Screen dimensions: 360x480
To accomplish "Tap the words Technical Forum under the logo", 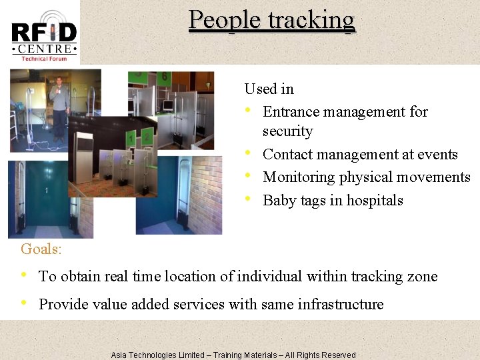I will [x=44, y=59].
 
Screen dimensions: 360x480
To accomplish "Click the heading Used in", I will [x=269, y=89].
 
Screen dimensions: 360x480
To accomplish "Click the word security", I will [x=287, y=131].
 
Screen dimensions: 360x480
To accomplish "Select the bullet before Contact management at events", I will [x=249, y=154].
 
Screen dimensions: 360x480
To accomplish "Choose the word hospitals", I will [x=377, y=200].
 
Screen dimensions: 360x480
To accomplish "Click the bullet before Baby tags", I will [x=249, y=200].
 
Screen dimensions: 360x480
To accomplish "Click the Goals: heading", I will [x=41, y=249].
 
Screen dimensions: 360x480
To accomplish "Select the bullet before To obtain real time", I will [x=25, y=276].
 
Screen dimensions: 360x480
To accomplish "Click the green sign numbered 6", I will [x=164, y=77].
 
